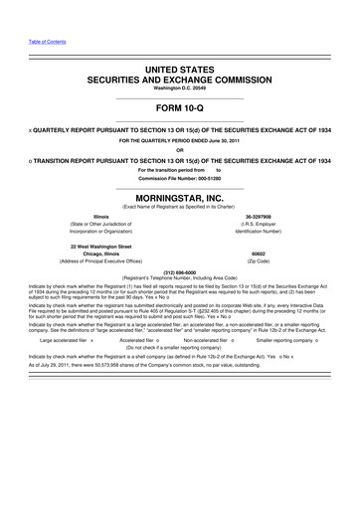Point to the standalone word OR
pyautogui.click(x=179, y=150)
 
